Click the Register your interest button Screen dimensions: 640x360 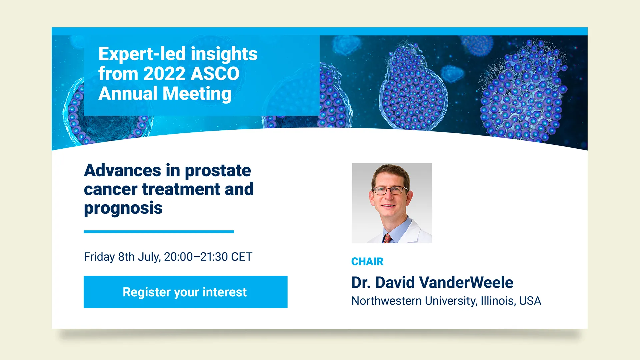(x=185, y=292)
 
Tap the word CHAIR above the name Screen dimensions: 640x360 (x=367, y=262)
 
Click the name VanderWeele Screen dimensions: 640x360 (x=466, y=282)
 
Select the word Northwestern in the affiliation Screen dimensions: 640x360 (x=387, y=301)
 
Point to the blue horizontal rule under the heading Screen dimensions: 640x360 (x=159, y=231)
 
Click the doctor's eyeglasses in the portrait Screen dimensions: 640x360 (x=389, y=190)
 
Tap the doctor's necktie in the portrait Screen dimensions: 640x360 (x=387, y=238)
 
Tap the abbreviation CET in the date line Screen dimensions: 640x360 (x=242, y=257)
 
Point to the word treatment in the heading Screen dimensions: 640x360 (x=181, y=189)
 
